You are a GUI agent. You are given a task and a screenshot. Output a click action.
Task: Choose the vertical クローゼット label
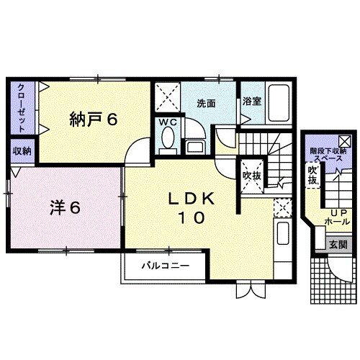(22, 108)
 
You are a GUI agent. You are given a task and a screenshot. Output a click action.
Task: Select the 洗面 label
(207, 103)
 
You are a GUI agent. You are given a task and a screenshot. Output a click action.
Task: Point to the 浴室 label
(251, 102)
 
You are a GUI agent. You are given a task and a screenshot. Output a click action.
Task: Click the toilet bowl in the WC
(169, 139)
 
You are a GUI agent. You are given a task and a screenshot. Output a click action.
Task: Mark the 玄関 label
(338, 245)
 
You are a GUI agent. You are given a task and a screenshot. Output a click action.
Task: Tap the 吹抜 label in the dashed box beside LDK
(251, 175)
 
